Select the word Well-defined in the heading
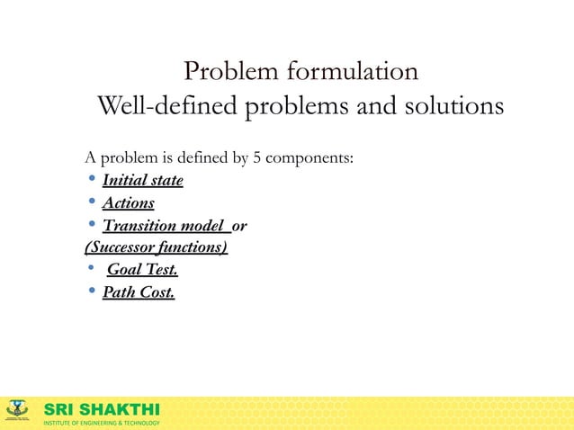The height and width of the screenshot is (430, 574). point(167,107)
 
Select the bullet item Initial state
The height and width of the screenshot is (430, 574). point(142,181)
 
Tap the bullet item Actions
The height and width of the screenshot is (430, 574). point(128,203)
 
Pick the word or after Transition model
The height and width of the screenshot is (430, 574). point(239,226)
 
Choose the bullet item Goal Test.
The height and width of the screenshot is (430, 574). point(142,269)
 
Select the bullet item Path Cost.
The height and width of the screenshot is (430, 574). point(139,291)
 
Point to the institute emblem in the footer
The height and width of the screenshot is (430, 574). point(18,411)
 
